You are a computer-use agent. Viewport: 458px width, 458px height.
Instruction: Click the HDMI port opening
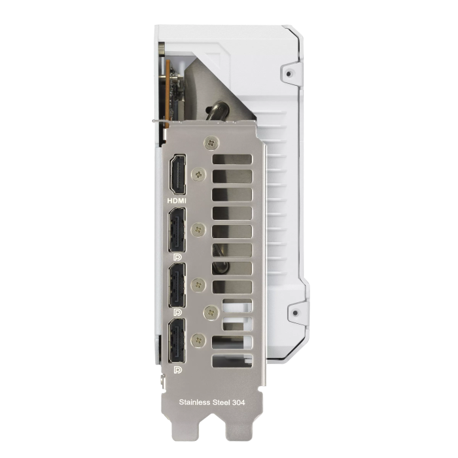178,175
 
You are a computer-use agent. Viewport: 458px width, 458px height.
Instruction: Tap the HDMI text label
177,201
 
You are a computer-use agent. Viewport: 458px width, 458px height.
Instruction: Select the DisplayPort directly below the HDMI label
177,230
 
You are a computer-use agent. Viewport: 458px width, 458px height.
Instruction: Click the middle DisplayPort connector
177,285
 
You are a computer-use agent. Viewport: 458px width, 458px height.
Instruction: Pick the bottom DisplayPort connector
177,340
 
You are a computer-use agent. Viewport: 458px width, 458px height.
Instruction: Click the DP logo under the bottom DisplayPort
177,370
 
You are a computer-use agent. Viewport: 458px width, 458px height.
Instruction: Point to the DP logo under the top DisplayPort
177,257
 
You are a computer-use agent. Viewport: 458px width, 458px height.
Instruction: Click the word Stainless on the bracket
194,402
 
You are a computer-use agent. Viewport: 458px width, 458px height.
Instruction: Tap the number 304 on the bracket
238,402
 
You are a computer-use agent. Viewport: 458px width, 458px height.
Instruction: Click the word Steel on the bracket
221,402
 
